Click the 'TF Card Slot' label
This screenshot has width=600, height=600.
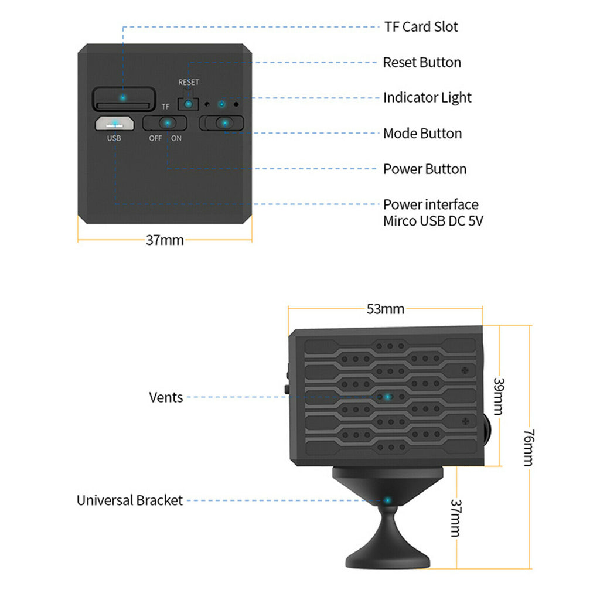pos(421,27)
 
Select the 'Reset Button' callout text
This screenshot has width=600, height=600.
pos(422,63)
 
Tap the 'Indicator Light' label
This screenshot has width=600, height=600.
pos(427,98)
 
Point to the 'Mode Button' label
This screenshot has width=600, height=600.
pos(422,134)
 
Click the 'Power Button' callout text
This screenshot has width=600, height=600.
pos(425,169)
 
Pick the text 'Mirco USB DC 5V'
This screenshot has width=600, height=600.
pos(433,221)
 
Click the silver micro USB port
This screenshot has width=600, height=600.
pos(115,124)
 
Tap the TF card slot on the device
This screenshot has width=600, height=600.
pos(124,98)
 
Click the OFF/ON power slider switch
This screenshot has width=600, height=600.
pos(165,123)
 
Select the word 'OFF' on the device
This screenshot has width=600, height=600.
pos(155,139)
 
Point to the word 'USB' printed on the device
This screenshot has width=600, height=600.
pos(114,139)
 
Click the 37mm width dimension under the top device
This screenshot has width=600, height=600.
pos(165,240)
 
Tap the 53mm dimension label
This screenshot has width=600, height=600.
pos(385,309)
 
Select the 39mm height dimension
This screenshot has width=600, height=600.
pos(499,396)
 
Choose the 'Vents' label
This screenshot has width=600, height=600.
pos(166,397)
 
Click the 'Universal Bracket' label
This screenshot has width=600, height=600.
pos(129,500)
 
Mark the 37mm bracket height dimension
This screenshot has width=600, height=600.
pos(455,518)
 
